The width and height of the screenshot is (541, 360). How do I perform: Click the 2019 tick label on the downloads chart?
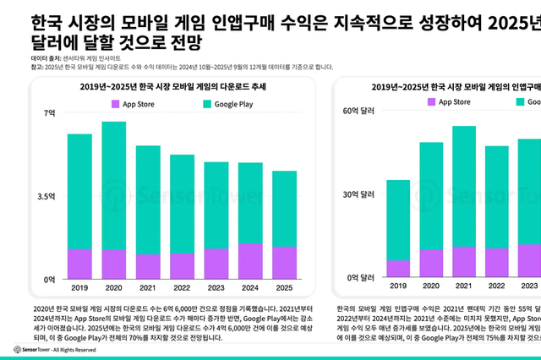79,287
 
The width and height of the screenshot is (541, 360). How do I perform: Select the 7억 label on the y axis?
49,112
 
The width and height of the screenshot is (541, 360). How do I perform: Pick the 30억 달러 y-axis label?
356,194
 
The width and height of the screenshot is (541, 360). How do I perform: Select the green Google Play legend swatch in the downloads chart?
185,103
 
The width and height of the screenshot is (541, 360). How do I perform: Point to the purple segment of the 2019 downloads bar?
79,263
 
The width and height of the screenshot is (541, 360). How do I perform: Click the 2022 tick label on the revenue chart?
496,287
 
